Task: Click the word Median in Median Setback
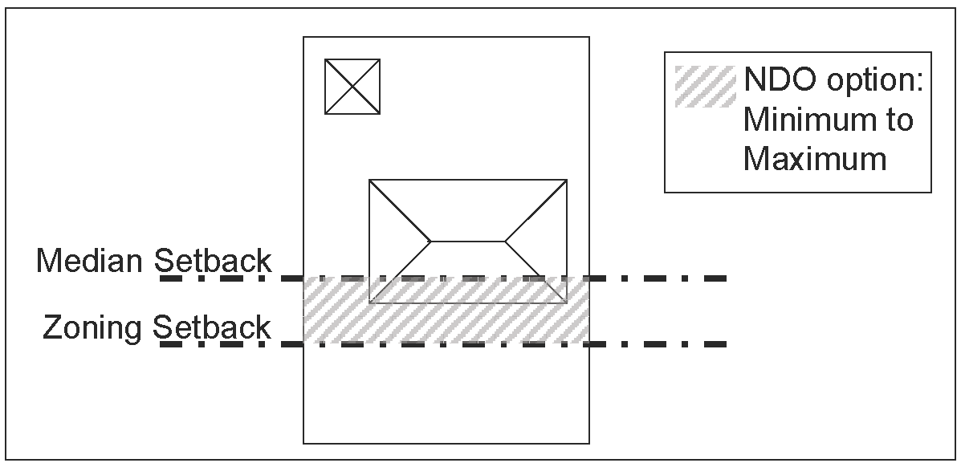(x=90, y=262)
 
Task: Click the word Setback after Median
(x=213, y=262)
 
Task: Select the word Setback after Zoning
(x=213, y=328)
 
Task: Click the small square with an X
(x=352, y=87)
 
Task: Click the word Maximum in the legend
(x=814, y=158)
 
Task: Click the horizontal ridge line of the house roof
(x=469, y=241)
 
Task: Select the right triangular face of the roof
(x=538, y=241)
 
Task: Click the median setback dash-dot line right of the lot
(x=658, y=278)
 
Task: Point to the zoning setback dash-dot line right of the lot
(x=658, y=344)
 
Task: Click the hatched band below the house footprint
(x=446, y=323)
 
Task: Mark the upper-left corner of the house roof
(x=369, y=180)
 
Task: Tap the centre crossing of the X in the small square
(x=352, y=87)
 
